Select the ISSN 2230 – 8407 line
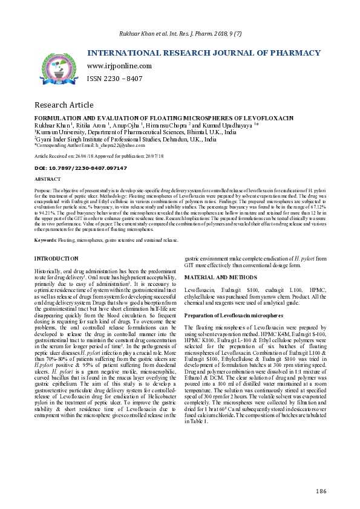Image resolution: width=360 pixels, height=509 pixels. tap(115, 79)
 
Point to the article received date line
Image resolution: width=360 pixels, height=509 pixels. tap(99, 156)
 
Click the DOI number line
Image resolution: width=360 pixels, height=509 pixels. tap(80, 167)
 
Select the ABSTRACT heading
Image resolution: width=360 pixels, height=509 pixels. tap(48, 180)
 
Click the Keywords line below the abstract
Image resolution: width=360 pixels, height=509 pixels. tap(106, 240)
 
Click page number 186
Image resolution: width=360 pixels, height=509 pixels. tap(320, 491)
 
